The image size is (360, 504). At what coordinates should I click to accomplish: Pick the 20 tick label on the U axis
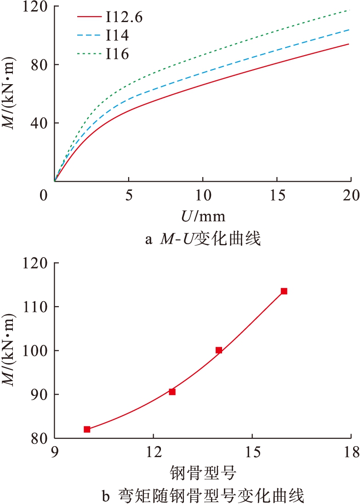pos(350,195)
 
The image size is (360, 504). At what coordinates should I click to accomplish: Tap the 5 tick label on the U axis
pos(129,195)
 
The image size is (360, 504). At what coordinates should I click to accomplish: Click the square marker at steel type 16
pos(284,291)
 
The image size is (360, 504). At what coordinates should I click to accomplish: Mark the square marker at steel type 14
pos(219,350)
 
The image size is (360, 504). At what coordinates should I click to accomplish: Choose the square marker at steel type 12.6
pos(172,392)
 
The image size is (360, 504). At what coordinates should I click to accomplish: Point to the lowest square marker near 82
pos(87,430)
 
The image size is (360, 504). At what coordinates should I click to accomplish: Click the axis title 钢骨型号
pos(203,472)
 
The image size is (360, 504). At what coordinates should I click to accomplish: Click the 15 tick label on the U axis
pos(276,195)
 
